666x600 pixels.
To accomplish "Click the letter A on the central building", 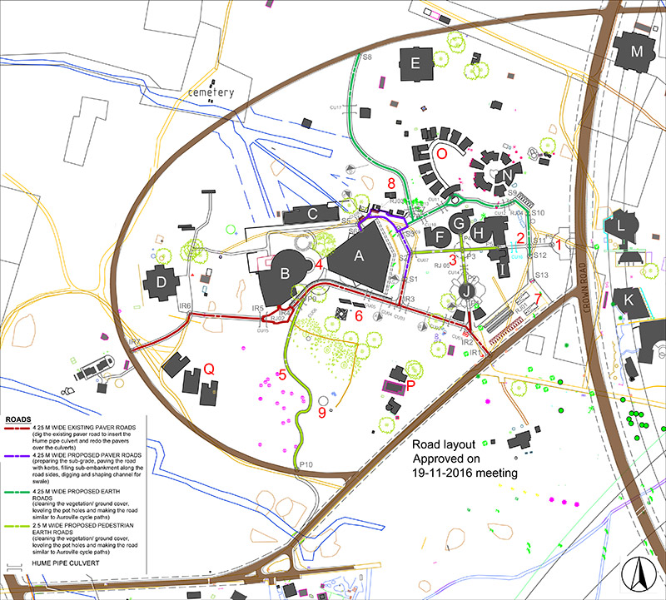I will point(360,258).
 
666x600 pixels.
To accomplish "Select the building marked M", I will point(637,52).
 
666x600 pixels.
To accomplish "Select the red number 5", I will point(282,374).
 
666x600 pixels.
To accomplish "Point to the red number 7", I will point(539,299).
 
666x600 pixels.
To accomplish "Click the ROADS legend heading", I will point(17,420).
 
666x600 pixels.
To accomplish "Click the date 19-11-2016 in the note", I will point(451,473).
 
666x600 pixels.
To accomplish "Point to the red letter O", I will point(442,154).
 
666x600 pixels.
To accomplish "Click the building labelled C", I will point(313,214).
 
